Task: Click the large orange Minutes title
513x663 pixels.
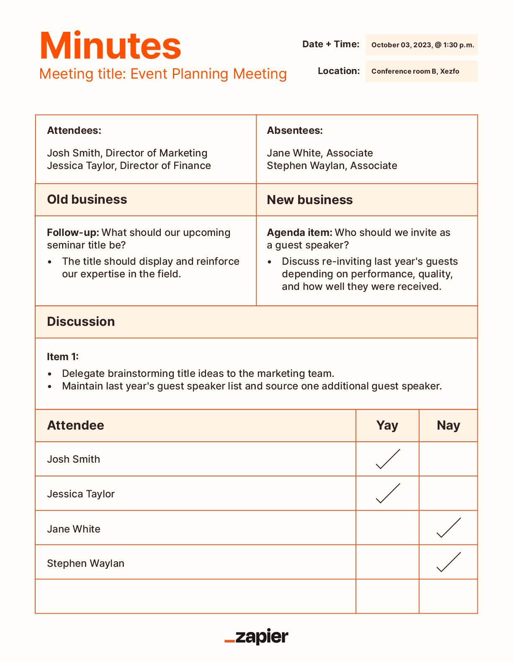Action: click(110, 46)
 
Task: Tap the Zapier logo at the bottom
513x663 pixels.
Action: click(256, 637)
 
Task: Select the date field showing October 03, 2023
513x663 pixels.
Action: click(422, 45)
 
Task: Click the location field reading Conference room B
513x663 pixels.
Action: click(421, 72)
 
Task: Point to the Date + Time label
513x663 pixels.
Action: click(331, 44)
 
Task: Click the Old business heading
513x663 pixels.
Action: click(87, 200)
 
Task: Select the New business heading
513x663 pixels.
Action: click(310, 200)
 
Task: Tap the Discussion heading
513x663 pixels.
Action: click(81, 322)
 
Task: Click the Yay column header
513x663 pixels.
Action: click(387, 425)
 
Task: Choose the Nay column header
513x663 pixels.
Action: click(448, 425)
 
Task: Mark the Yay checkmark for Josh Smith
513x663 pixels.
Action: click(388, 459)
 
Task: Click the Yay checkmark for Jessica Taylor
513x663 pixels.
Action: click(388, 494)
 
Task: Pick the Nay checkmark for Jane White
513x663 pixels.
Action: click(449, 528)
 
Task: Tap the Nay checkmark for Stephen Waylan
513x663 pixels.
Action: click(449, 562)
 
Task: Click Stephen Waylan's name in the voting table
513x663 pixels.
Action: click(86, 563)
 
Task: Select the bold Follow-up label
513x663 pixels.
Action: click(73, 233)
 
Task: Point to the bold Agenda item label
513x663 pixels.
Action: click(299, 233)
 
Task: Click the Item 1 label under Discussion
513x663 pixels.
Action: click(63, 357)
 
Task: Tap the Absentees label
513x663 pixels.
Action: click(295, 131)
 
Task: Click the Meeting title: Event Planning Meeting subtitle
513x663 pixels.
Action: click(163, 74)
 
